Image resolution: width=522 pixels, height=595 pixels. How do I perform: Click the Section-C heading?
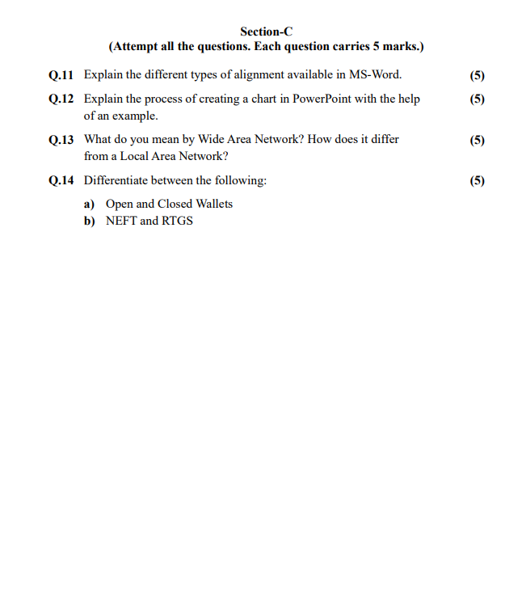click(x=266, y=32)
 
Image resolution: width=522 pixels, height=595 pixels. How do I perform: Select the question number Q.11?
click(x=61, y=75)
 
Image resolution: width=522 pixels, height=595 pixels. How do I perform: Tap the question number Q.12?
click(x=61, y=99)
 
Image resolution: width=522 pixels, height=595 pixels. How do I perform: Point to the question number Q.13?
click(x=61, y=140)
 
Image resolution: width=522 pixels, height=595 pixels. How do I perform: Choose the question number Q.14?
click(x=61, y=180)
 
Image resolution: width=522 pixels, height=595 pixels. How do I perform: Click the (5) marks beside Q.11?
click(x=477, y=75)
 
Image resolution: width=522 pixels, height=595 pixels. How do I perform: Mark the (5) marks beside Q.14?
click(x=477, y=180)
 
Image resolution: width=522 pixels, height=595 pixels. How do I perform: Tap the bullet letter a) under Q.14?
click(x=90, y=204)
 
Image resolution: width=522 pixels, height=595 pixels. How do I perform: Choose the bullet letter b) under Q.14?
click(x=90, y=221)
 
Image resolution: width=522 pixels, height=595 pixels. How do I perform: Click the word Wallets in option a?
click(x=214, y=204)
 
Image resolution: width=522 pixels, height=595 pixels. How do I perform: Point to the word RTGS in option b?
click(x=178, y=221)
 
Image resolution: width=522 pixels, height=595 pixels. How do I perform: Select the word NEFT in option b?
click(x=121, y=221)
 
